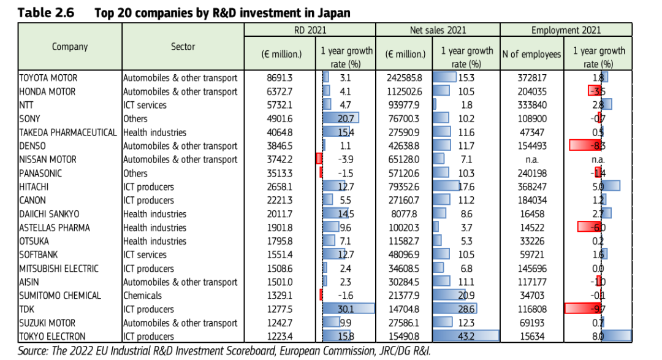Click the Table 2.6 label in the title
point(45,13)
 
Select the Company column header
point(70,47)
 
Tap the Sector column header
point(183,47)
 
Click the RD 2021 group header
point(310,30)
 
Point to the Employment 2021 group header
point(566,30)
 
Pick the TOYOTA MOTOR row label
point(48,78)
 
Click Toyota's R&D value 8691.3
point(280,78)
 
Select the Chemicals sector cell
point(142,296)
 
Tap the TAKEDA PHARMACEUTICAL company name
point(67,132)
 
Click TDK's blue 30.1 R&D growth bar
point(348,309)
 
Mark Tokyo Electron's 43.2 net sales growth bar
point(466,336)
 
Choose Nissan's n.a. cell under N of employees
point(532,159)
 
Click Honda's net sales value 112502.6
point(404,91)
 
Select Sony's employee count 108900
point(532,119)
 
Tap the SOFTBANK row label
point(39,255)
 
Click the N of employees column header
point(531,54)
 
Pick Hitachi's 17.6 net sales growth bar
point(446,186)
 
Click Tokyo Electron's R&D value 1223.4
point(280,336)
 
